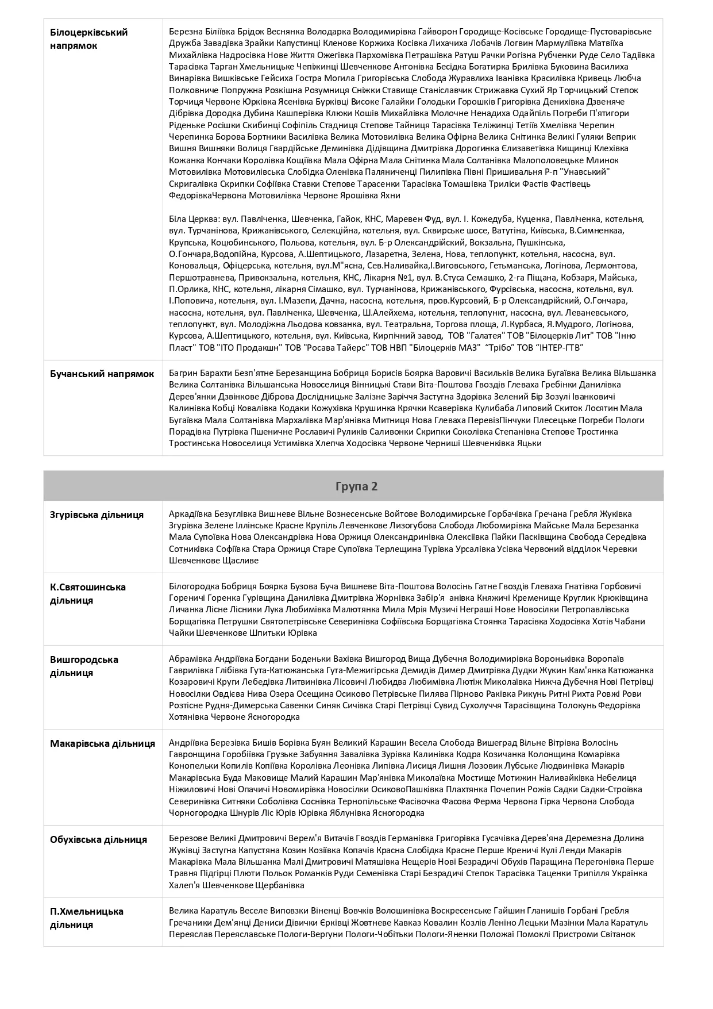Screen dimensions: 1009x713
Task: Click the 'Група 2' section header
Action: pos(356,486)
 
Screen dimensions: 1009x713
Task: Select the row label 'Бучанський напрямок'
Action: pos(102,374)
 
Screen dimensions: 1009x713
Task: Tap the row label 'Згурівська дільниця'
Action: pos(97,515)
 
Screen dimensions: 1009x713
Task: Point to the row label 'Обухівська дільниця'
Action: pos(98,839)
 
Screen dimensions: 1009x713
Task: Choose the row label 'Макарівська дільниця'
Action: pos(102,743)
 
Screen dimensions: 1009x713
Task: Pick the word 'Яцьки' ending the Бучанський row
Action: pos(529,443)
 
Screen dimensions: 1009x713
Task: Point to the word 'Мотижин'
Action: pos(537,777)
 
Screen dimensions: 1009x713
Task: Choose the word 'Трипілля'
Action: pos(615,873)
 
